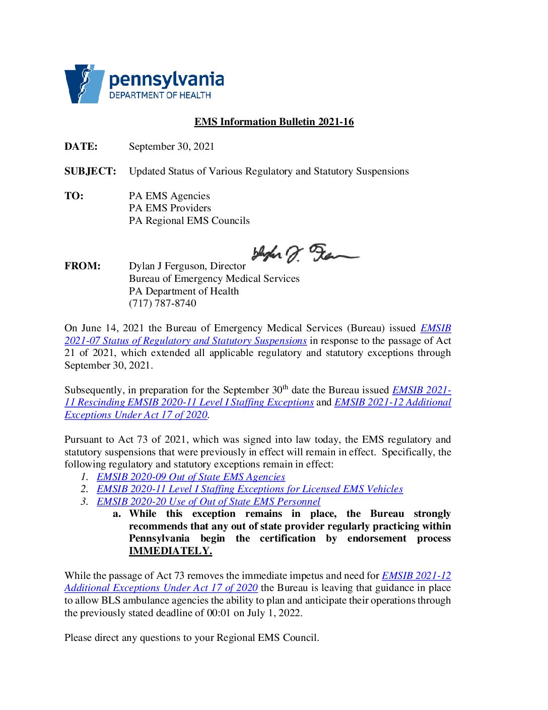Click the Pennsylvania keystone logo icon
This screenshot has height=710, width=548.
click(84, 84)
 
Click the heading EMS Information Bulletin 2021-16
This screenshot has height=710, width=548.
click(274, 122)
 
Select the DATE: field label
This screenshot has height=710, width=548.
click(81, 146)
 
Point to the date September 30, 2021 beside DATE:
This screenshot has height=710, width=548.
click(171, 146)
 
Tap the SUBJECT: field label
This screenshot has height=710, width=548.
click(90, 171)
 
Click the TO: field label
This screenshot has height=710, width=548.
click(74, 196)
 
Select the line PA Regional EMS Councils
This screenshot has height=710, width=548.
click(189, 220)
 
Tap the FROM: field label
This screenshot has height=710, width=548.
click(83, 266)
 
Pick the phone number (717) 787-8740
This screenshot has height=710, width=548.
click(162, 303)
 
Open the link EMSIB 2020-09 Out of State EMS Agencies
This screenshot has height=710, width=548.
click(191, 477)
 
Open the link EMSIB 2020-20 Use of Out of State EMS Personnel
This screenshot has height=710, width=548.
click(209, 501)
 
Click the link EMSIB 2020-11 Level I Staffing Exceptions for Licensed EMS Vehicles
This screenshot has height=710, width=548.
click(250, 489)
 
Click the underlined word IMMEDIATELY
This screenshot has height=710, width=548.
click(170, 551)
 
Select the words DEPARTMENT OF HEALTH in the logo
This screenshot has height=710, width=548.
click(160, 95)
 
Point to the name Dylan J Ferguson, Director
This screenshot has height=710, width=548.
click(187, 266)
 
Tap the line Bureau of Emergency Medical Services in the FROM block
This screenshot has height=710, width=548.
click(214, 278)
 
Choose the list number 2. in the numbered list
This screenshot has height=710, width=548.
click(85, 489)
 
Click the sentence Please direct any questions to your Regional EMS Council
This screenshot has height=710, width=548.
click(191, 637)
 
